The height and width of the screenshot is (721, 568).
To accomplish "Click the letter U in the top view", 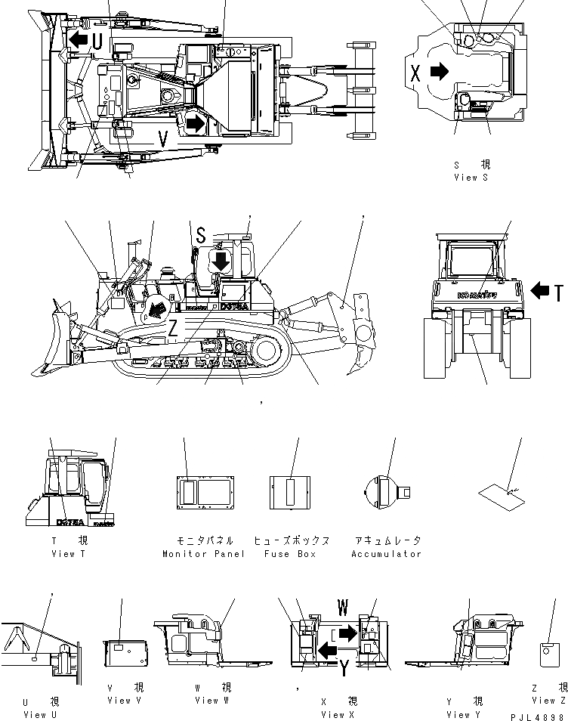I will (x=97, y=42).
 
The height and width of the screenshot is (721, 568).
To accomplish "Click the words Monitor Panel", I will (x=204, y=554).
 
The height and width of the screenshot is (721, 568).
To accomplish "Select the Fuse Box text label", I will (x=292, y=554).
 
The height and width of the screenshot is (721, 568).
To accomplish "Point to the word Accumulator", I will (x=386, y=554).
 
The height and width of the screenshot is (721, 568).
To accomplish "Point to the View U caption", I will (x=35, y=714).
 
